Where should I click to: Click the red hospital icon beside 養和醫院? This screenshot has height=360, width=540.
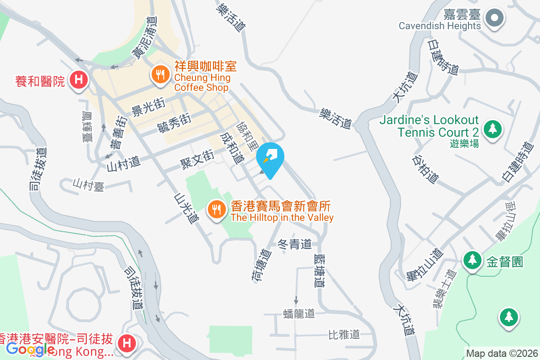pos(79,81)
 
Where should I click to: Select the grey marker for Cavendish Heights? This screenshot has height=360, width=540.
pos(495,18)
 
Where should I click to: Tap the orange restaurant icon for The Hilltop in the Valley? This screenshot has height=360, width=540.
pos(217,209)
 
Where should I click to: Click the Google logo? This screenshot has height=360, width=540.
pos(31,349)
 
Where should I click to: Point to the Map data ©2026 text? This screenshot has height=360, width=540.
pos(502,354)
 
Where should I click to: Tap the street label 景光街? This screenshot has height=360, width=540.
pos(146,107)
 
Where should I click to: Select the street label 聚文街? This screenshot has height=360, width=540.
pos(197,160)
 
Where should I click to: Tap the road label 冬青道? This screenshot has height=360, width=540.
pos(295,244)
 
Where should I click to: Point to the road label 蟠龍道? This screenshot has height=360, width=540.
pos(299,314)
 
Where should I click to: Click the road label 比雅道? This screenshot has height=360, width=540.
pos(344,334)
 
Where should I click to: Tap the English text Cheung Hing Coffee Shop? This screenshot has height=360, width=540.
pos(202,82)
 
